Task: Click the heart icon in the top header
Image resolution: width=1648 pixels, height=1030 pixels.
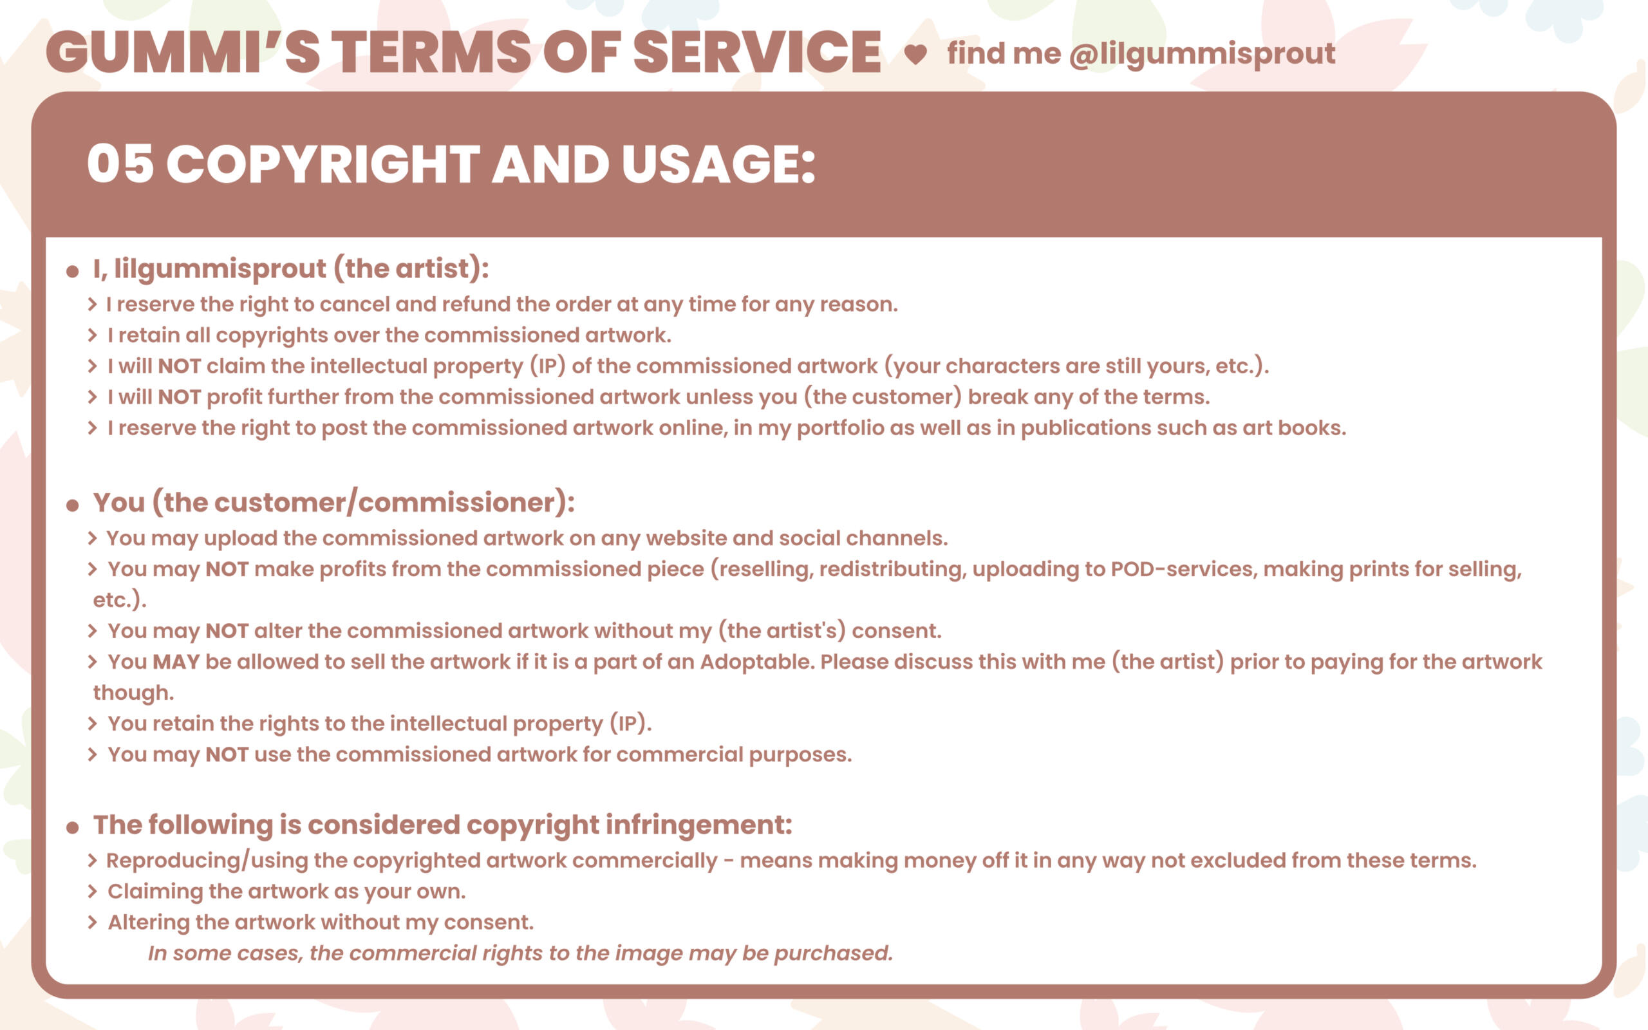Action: pos(915,55)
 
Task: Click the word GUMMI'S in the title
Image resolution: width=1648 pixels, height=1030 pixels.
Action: pos(183,51)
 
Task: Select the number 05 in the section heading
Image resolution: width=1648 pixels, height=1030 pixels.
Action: pos(120,164)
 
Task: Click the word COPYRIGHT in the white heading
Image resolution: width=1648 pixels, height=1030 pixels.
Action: pos(323,164)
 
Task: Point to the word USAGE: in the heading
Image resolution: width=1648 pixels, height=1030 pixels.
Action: pos(718,164)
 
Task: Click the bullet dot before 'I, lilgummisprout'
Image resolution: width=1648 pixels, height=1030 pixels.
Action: pos(73,272)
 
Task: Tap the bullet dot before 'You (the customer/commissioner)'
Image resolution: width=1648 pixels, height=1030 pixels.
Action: pos(73,505)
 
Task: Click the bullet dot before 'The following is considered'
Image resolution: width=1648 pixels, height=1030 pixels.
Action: pos(73,828)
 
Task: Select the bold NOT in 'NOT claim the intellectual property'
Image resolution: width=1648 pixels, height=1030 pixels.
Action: pos(179,366)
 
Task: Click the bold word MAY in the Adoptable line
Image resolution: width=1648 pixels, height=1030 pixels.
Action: pos(176,662)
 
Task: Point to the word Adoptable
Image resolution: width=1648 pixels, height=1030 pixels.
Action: pos(756,662)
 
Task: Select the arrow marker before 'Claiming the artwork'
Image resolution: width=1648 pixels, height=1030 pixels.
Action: pos(93,892)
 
